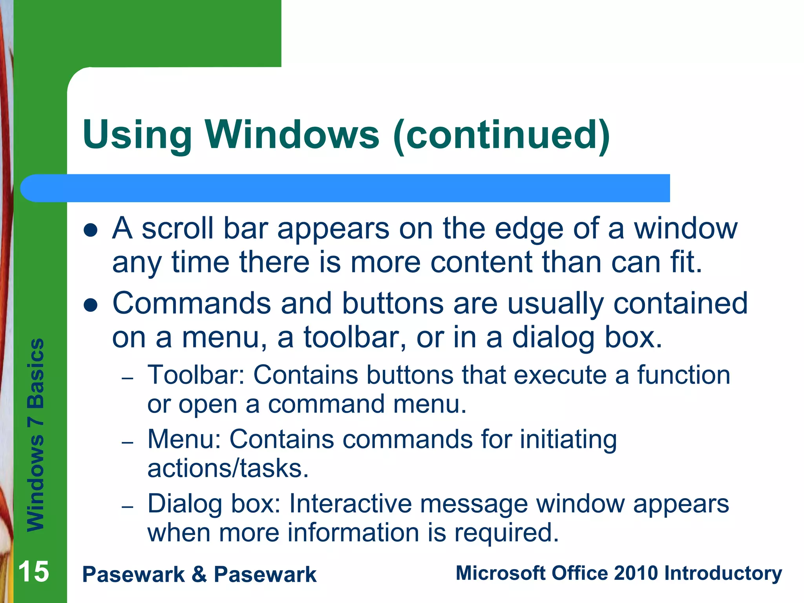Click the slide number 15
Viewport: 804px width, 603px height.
tap(34, 572)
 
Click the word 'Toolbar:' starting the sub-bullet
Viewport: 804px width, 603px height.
tap(196, 375)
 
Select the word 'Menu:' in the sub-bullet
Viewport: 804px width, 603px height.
tap(184, 439)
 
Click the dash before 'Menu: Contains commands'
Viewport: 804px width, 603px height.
tap(128, 443)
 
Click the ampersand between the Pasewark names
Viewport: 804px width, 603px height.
tap(199, 574)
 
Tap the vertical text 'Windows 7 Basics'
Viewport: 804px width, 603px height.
tap(36, 435)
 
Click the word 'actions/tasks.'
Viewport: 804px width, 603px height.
tap(228, 469)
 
